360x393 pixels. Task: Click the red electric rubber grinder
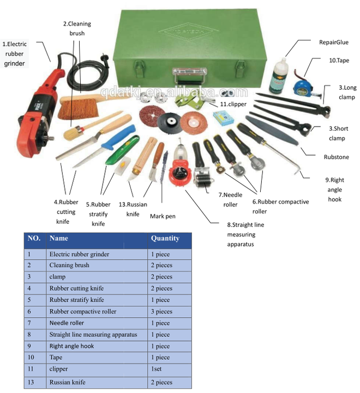[x=33, y=109]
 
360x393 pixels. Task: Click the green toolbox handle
[x=188, y=76]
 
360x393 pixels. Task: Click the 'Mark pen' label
[x=163, y=216]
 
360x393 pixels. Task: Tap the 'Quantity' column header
[x=165, y=238]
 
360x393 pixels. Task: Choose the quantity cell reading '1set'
[x=158, y=369]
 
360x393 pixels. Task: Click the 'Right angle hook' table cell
[x=71, y=346]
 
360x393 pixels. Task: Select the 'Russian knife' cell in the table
[x=68, y=382]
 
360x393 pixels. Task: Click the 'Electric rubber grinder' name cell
[x=79, y=254]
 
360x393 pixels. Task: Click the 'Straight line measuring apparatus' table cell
[x=93, y=335]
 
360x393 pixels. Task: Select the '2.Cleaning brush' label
[x=77, y=28]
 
